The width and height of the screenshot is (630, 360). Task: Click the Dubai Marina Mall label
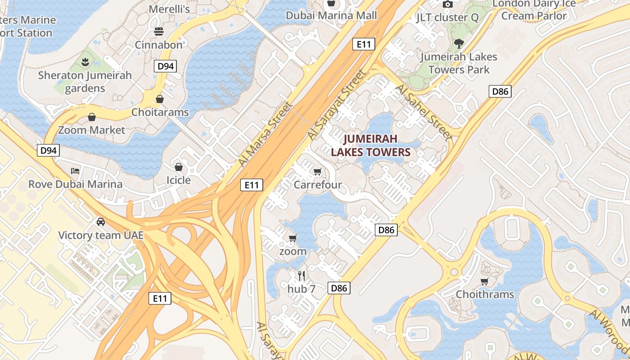[x=331, y=15]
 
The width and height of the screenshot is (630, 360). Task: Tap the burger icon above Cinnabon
[x=158, y=31]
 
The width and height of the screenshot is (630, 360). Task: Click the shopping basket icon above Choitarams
[x=160, y=99]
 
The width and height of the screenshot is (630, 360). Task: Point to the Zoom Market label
[x=92, y=130]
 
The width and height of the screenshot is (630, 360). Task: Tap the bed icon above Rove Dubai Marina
[x=75, y=171]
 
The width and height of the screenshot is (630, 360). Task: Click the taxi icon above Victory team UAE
[x=101, y=222]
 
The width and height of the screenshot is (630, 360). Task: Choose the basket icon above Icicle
[x=179, y=167]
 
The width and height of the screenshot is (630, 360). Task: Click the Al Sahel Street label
[x=423, y=112]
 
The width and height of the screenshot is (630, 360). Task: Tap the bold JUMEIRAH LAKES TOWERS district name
[x=371, y=145]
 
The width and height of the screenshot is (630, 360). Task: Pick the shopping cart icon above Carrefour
[x=318, y=171]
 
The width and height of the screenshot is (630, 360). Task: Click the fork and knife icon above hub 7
[x=301, y=275]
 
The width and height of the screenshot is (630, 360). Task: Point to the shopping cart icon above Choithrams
[x=485, y=281]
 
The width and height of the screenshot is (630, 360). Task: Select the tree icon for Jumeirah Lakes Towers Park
[x=459, y=44]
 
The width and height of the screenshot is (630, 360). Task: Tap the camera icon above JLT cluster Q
[x=447, y=4]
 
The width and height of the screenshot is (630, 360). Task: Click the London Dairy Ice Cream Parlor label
[x=534, y=9]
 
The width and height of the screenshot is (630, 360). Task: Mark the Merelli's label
[x=169, y=9]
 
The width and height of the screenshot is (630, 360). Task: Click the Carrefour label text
[x=318, y=185]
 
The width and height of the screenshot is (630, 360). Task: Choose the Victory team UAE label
[x=101, y=235]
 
